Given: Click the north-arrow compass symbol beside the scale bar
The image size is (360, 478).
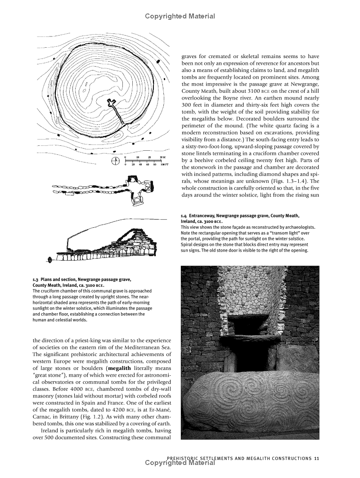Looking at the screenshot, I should click(115, 160).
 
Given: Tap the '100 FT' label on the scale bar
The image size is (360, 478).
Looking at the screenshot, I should click(164, 165).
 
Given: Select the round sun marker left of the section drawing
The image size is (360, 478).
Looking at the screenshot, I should click(49, 260).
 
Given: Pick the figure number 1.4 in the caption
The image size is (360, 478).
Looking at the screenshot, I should click(184, 216).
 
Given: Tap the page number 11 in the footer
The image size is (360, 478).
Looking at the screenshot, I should click(317, 459).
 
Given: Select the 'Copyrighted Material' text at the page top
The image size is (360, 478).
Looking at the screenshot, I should click(180, 16).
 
